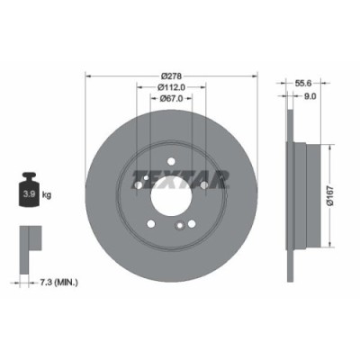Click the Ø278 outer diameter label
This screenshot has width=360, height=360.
point(171,76)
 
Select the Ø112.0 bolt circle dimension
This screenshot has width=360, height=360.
point(171,88)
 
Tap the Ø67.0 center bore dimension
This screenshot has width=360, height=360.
point(171,101)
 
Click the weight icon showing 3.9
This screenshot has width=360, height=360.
point(29,190)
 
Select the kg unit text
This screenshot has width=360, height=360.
point(48,193)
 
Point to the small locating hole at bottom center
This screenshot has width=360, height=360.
point(180,225)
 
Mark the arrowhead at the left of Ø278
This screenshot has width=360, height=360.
point(86,76)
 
